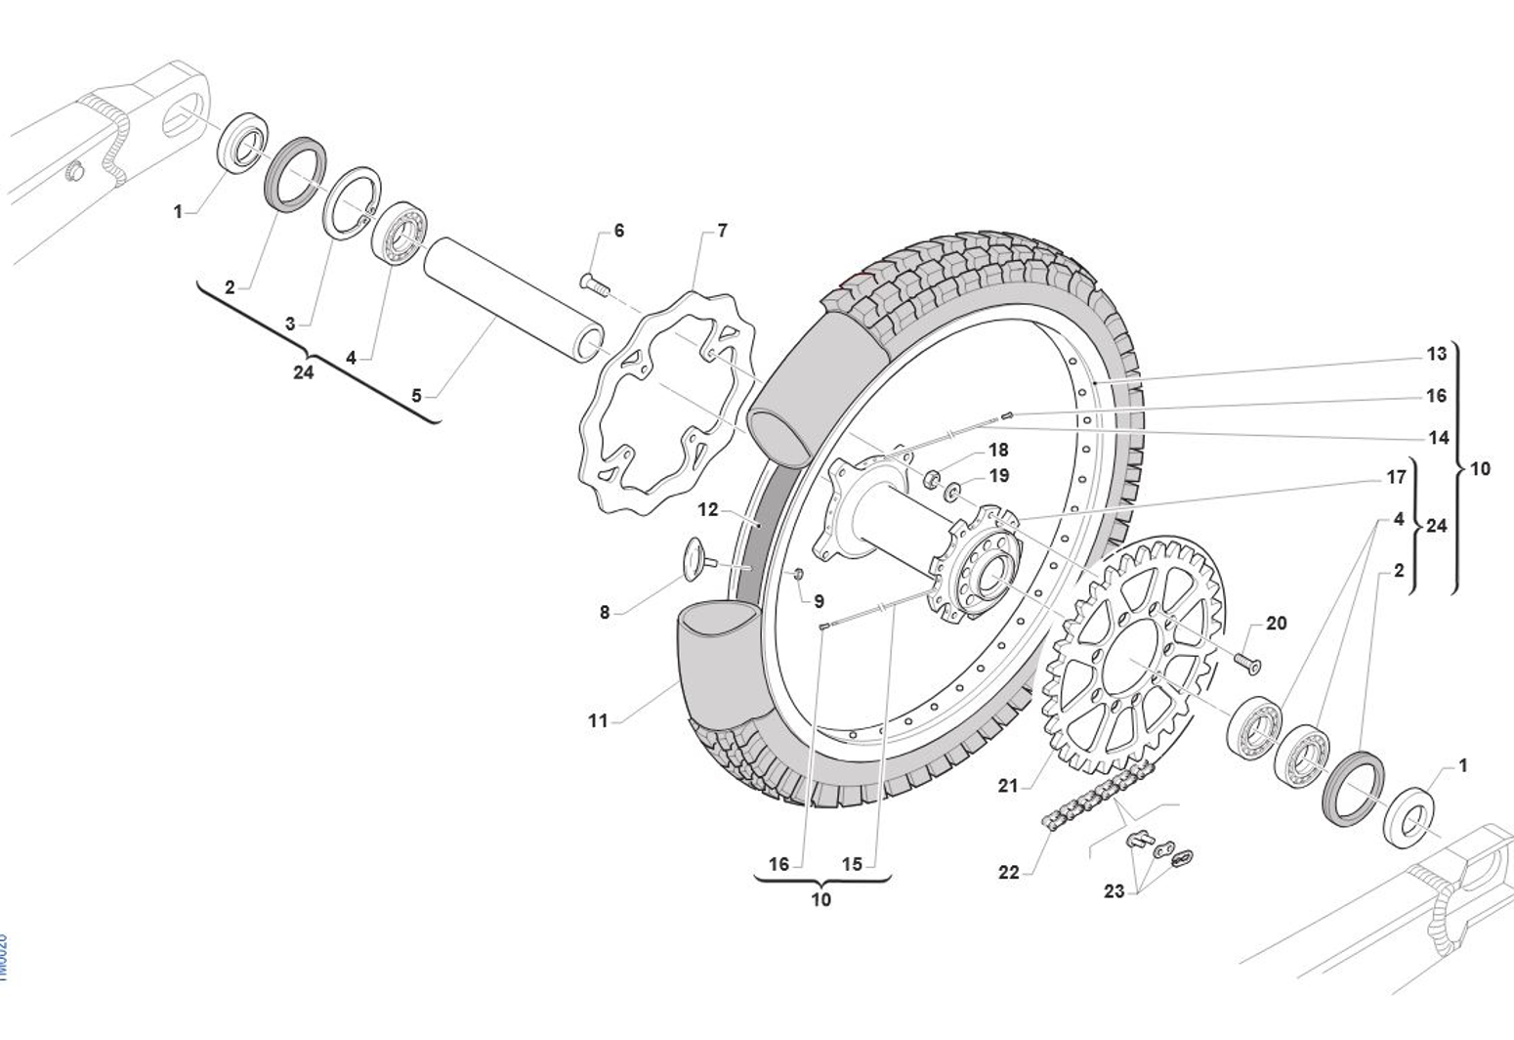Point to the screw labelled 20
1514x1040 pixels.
[x=1246, y=662]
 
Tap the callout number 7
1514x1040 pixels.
[x=722, y=231]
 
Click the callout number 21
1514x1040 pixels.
[x=1008, y=785]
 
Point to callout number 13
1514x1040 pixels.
[x=1436, y=354]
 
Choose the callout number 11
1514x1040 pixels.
[x=598, y=720]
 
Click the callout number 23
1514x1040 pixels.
[x=1114, y=890]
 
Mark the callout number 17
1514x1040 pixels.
[x=1397, y=477]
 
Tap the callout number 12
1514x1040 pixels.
[x=708, y=509]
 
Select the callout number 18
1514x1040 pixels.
[x=998, y=450]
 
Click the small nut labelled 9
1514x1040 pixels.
[x=798, y=573]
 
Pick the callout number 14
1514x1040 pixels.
[x=1439, y=437]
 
